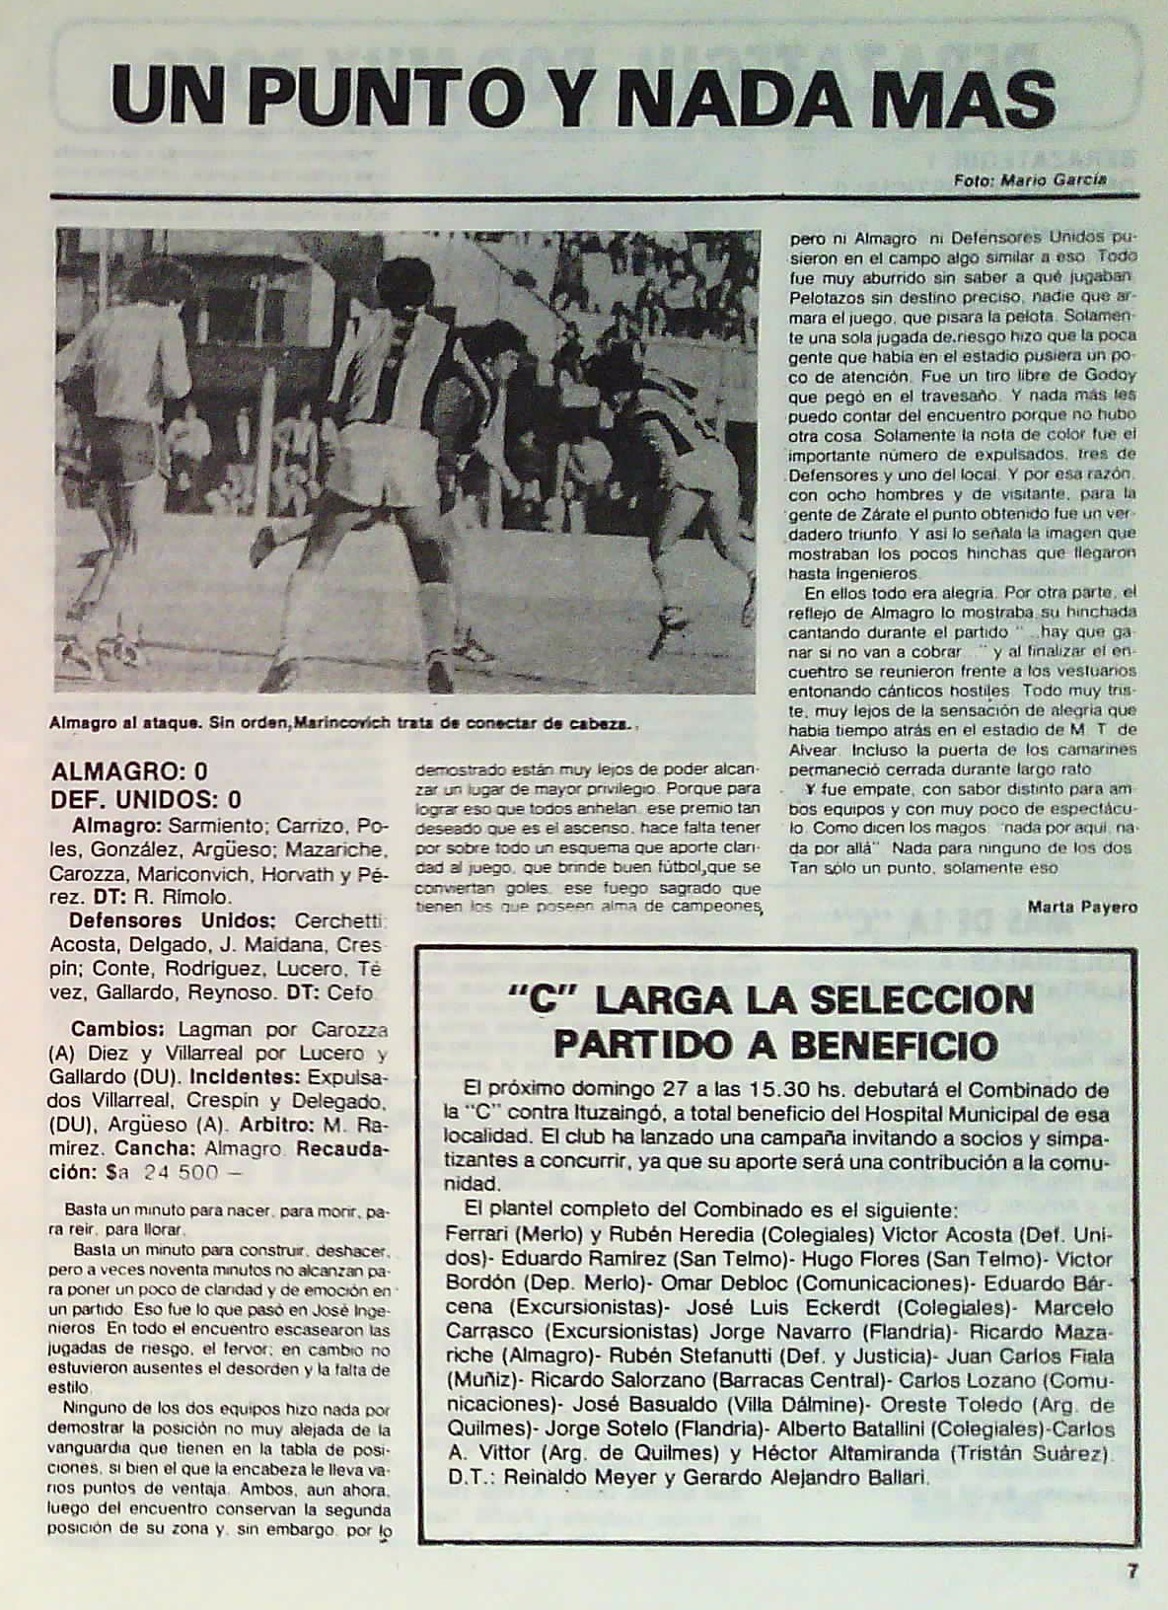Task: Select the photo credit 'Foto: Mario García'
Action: tap(1030, 181)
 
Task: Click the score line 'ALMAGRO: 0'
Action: tap(129, 771)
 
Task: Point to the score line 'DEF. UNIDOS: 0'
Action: tap(146, 799)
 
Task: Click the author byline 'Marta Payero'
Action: tap(1082, 907)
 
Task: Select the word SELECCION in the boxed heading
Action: tap(921, 1000)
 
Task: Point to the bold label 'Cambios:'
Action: tap(109, 1029)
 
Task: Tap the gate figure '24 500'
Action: tap(181, 1173)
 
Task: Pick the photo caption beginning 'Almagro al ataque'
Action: tap(340, 723)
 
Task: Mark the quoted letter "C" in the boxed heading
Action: tap(547, 1001)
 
